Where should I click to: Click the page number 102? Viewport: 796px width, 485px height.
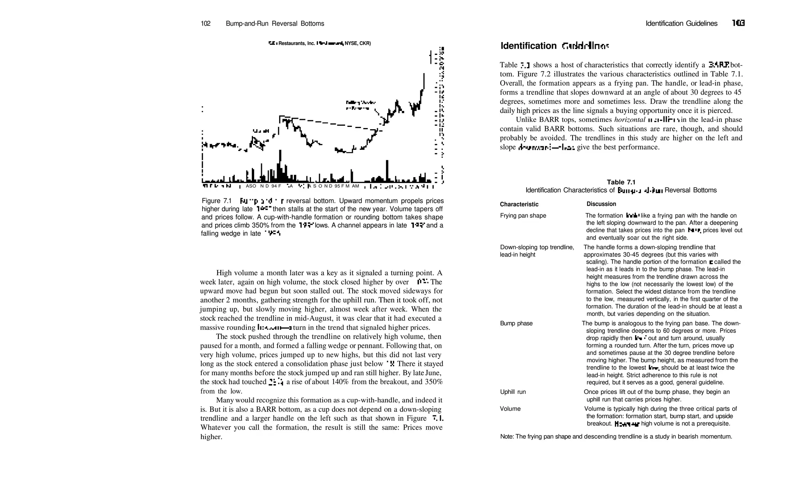pos(205,24)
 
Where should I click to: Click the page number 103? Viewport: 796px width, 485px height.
pos(738,23)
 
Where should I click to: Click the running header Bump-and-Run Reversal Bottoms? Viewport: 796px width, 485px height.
pos(275,24)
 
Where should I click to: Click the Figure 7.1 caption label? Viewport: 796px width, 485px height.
pos(216,201)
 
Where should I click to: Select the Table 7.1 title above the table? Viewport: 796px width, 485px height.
pos(621,182)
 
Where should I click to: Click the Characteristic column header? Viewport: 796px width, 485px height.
pos(519,204)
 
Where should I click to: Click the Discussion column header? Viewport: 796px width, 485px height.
pos(601,204)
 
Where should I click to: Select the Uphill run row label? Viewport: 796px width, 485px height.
pos(513,392)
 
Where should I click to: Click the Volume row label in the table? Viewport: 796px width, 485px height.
pos(510,409)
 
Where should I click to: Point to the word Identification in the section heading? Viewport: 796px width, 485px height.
pos(528,46)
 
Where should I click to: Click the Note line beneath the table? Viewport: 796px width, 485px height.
pos(616,437)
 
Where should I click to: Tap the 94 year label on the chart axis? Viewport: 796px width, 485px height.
pos(274,186)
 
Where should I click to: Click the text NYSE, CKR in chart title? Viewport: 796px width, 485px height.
pos(358,44)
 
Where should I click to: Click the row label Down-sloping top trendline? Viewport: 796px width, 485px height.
pos(537,247)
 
